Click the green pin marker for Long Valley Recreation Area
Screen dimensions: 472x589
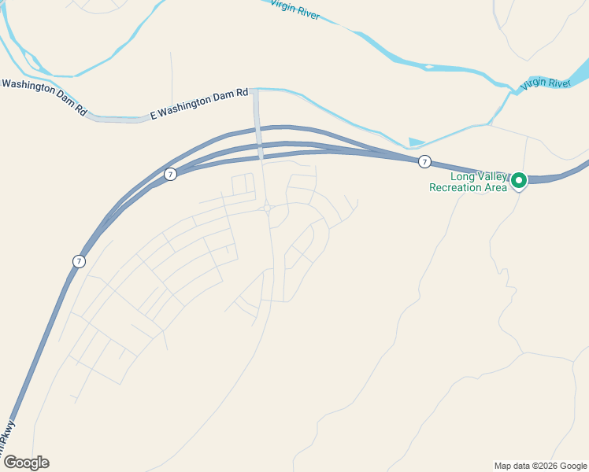point(519,181)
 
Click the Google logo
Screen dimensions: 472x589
point(26,462)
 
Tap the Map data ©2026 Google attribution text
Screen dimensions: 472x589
point(540,466)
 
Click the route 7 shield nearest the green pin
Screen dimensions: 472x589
point(424,162)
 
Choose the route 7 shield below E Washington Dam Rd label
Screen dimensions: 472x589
point(170,174)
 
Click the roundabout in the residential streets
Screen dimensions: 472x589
point(268,209)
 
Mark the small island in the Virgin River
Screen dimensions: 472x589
point(428,67)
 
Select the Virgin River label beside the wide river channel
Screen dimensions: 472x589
point(546,82)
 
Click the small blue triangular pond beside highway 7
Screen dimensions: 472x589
point(416,142)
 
